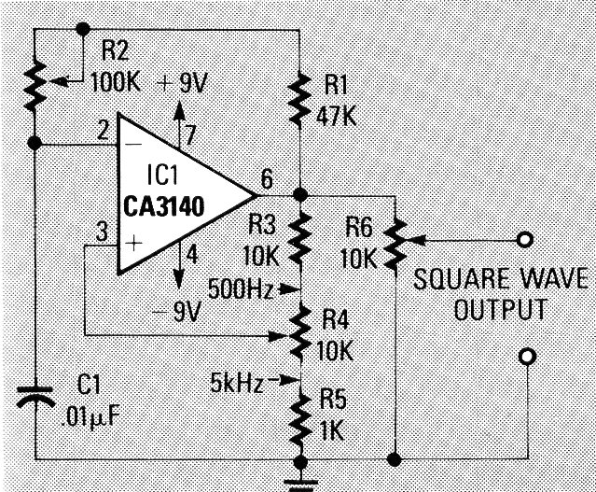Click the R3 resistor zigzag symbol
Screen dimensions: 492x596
coord(300,238)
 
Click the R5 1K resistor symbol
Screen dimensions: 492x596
coord(300,418)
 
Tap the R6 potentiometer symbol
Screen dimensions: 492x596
coord(395,241)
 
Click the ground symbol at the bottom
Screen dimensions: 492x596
coord(300,480)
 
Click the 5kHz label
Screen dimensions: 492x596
coord(238,381)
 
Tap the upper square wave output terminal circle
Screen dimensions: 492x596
coord(528,241)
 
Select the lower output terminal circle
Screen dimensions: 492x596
coord(528,356)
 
